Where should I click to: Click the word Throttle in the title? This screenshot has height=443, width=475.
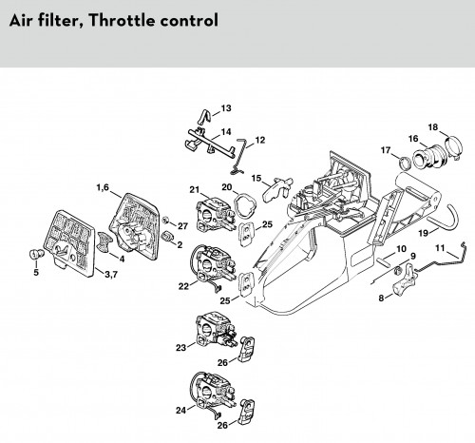tap(122, 21)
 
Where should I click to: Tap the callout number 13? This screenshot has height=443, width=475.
tap(226, 108)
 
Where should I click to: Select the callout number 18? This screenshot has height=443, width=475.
tap(433, 127)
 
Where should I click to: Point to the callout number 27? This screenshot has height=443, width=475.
tap(182, 226)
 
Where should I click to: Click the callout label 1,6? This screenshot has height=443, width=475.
tap(103, 187)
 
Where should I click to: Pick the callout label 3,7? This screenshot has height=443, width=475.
tap(111, 275)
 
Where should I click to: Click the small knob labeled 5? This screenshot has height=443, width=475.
tap(35, 254)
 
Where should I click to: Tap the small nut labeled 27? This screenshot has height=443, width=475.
tap(165, 220)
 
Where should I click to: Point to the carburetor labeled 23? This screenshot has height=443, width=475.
tap(218, 331)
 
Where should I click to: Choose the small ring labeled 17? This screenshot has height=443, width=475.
tap(405, 164)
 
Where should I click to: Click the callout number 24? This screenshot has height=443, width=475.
tap(180, 410)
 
